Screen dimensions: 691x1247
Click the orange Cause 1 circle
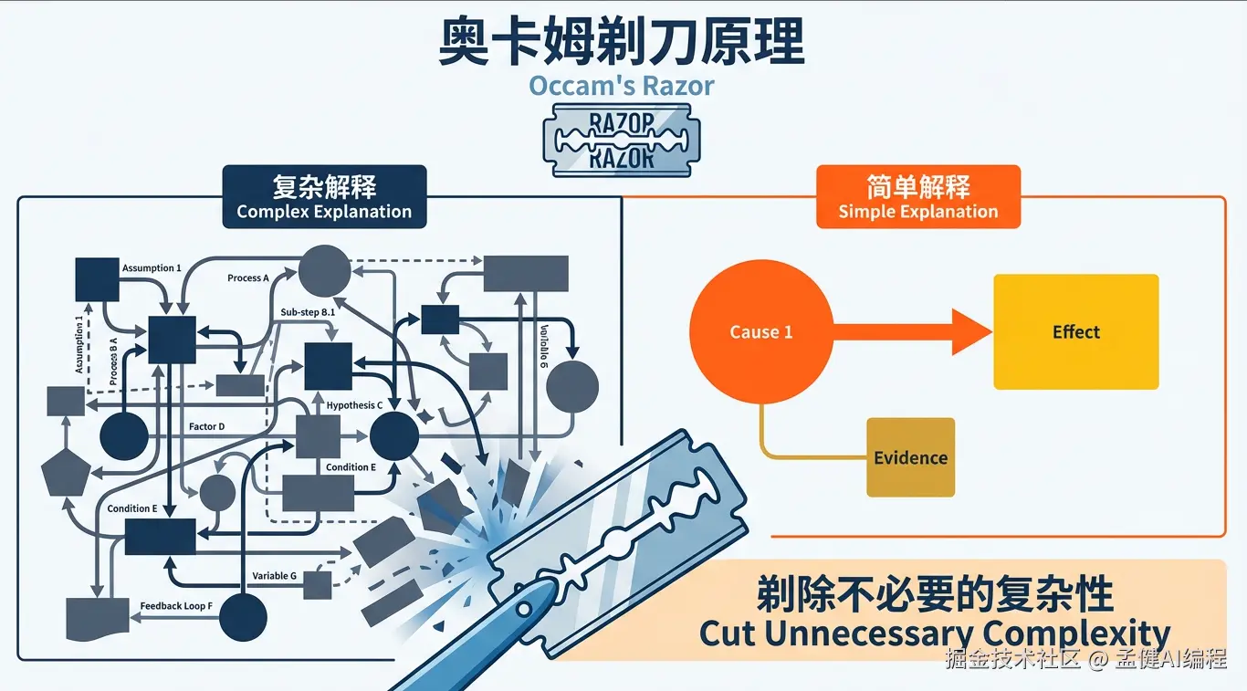coord(761,331)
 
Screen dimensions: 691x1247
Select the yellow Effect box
coord(1075,331)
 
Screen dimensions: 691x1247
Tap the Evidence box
coord(910,457)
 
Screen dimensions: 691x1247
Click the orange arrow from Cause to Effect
coord(913,331)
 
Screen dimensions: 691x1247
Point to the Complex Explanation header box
coord(324,196)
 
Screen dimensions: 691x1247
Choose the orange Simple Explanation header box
coord(917,196)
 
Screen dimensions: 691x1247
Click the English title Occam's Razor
coord(622,86)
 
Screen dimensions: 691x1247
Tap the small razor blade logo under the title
coord(622,140)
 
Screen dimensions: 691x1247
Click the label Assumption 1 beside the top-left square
coord(152,268)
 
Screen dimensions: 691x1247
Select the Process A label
coord(248,278)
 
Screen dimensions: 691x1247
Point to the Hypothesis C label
coord(354,404)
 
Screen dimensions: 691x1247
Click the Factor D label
coord(206,426)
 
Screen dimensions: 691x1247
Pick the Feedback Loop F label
coord(176,606)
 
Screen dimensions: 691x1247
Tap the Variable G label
coord(275,576)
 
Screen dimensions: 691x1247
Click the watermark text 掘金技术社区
coord(1013,659)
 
